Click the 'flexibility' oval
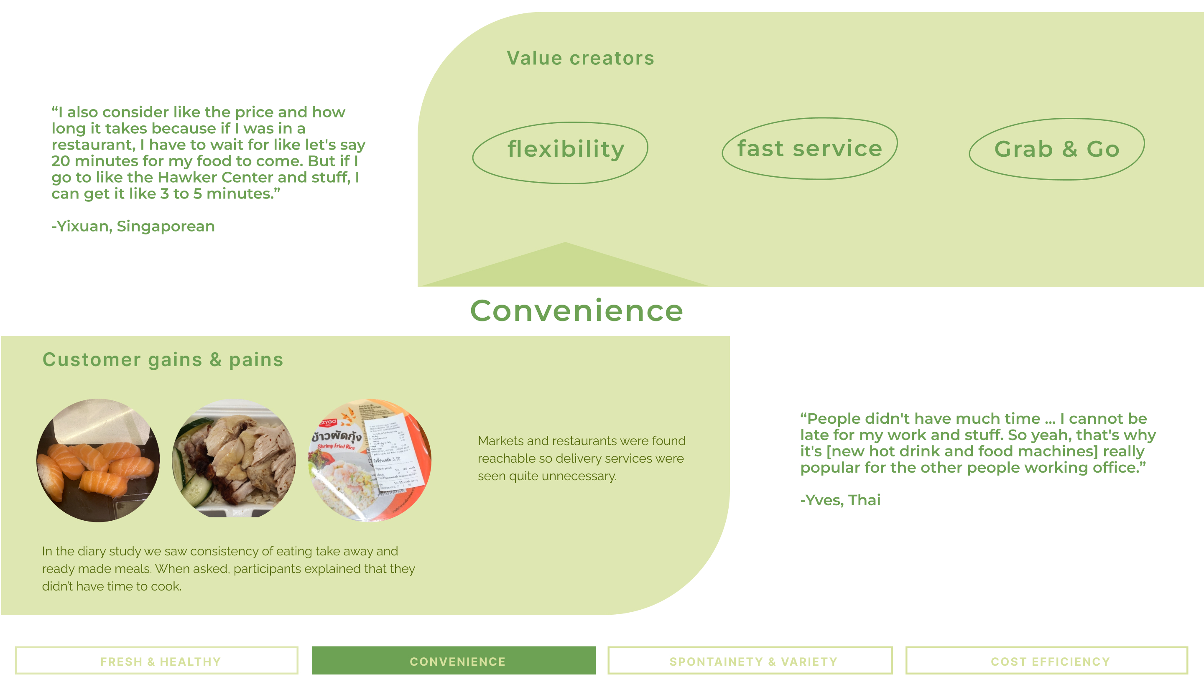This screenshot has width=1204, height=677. tap(560, 153)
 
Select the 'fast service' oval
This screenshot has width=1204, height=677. tap(809, 149)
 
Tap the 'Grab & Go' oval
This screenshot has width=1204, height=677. tap(1056, 149)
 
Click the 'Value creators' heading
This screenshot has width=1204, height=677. tap(581, 59)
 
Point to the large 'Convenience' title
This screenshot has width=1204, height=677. tap(576, 311)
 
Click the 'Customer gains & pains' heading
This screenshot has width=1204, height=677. tap(163, 360)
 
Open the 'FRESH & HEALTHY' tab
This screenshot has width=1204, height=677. tap(157, 661)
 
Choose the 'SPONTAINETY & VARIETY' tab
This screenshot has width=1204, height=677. tap(750, 661)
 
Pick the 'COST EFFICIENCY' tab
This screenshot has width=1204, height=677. tap(1046, 661)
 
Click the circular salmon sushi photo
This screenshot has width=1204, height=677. tap(98, 460)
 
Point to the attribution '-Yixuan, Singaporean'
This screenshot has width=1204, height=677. tap(133, 227)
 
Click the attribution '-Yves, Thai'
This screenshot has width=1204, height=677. tap(840, 500)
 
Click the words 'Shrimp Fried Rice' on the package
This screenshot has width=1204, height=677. tap(337, 447)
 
